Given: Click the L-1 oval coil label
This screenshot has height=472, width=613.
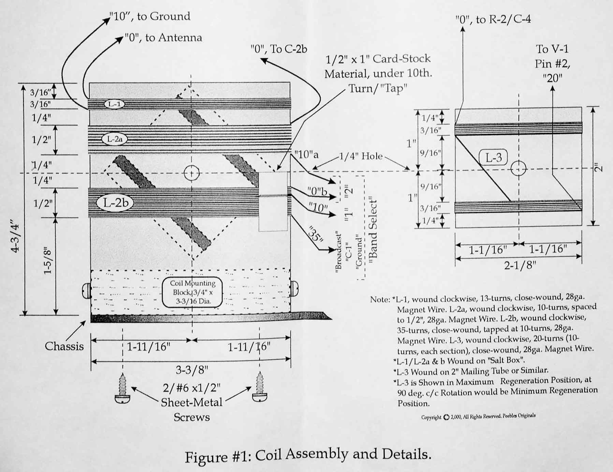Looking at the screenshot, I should click(x=114, y=104).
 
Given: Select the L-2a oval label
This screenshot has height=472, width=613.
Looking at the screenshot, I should click(x=115, y=139).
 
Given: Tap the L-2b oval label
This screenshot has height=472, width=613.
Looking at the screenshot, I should click(x=116, y=203).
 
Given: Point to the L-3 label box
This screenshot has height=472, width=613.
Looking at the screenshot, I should click(x=493, y=158).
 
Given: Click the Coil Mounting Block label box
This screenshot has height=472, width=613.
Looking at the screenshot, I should click(x=192, y=292).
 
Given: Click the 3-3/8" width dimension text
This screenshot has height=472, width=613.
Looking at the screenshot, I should click(x=192, y=370).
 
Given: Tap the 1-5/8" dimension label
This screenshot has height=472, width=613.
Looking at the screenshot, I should click(x=48, y=261).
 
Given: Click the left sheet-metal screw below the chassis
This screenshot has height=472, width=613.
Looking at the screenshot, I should click(x=122, y=389).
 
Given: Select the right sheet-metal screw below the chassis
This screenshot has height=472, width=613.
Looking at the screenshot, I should click(x=260, y=387).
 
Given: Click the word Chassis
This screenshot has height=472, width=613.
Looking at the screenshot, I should click(x=64, y=346).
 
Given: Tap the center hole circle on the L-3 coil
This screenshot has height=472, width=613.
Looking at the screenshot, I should click(x=519, y=168).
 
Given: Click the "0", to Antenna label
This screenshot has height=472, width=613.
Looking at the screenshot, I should click(x=163, y=38).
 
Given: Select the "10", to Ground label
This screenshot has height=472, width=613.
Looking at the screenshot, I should click(x=150, y=16).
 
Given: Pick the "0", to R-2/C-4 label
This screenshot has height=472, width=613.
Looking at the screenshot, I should click(x=493, y=19).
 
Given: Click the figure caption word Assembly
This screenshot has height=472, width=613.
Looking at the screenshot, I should click(x=317, y=455).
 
